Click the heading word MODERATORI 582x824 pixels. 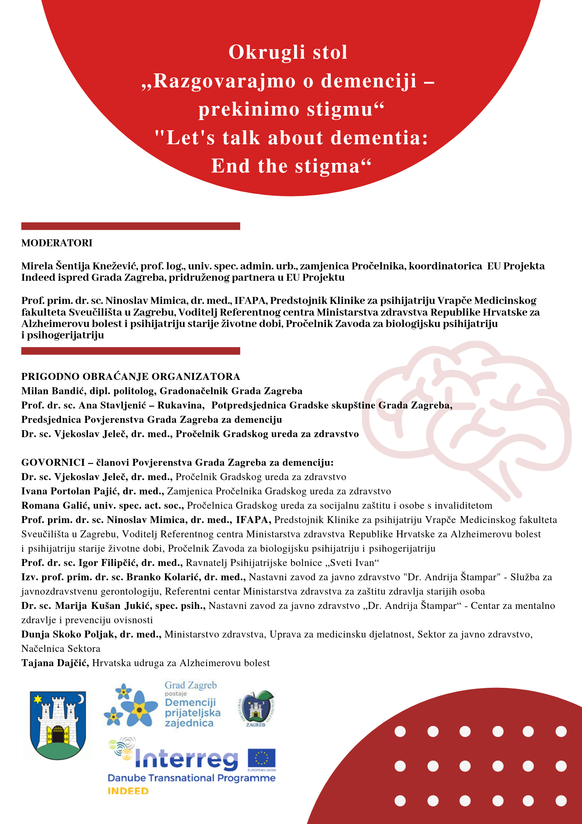(57, 243)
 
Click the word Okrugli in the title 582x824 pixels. (267, 52)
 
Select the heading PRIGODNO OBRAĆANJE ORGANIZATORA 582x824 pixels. (131, 377)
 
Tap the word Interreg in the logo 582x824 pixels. (186, 759)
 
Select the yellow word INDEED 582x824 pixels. (128, 791)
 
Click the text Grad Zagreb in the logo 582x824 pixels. (191, 685)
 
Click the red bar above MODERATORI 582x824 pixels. (131, 226)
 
